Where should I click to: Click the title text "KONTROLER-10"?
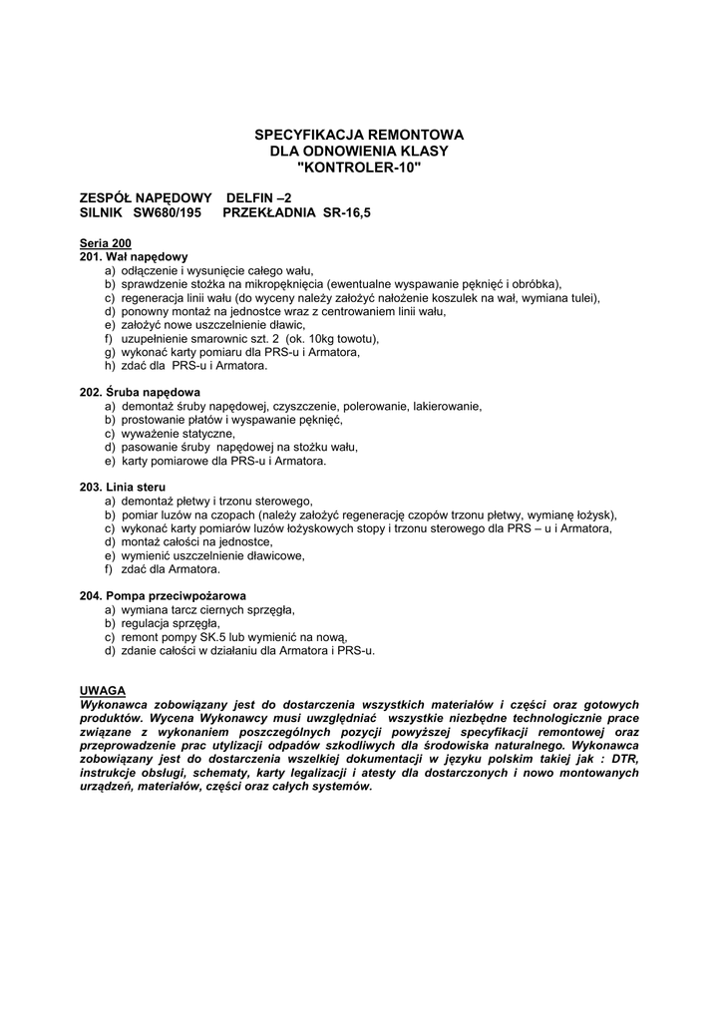tap(360, 167)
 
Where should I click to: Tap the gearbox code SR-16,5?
tap(346, 213)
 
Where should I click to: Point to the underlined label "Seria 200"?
tap(105, 243)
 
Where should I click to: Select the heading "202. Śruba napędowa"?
tap(140, 392)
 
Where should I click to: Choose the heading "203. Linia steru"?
tap(123, 488)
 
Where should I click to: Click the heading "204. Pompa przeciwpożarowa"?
tap(163, 595)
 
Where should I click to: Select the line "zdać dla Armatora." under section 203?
tap(171, 569)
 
